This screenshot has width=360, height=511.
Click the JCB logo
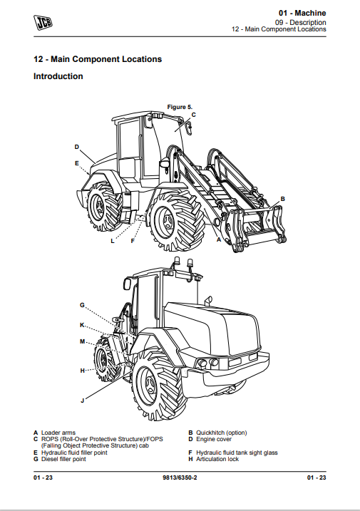click(x=43, y=22)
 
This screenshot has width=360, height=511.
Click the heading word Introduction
click(x=58, y=76)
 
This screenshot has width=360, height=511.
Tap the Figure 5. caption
click(x=180, y=107)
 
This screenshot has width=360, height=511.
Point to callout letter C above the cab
click(x=193, y=115)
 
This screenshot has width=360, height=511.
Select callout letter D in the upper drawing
click(x=76, y=147)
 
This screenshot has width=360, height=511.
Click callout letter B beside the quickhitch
click(x=283, y=199)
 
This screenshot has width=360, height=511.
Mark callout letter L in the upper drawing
click(x=113, y=241)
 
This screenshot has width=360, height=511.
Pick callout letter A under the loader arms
click(x=219, y=239)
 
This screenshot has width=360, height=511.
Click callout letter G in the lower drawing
click(x=82, y=305)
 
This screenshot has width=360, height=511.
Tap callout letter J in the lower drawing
click(x=82, y=401)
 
